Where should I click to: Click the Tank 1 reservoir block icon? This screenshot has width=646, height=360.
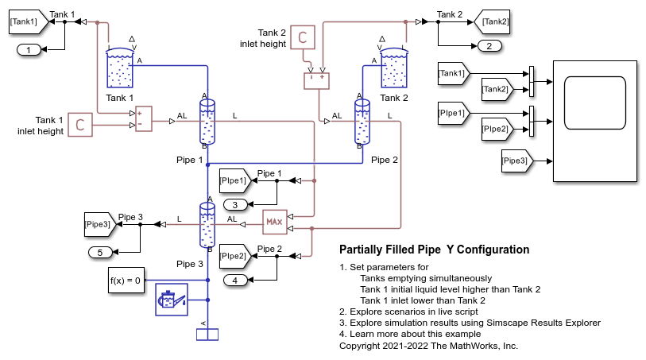click(120, 68)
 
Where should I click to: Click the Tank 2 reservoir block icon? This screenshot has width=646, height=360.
click(393, 68)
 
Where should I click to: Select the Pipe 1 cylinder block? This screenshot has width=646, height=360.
click(207, 122)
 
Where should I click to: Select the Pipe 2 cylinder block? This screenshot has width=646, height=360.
click(362, 122)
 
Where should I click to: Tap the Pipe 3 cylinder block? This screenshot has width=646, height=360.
click(207, 226)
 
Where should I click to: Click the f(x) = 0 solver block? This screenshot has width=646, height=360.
click(126, 281)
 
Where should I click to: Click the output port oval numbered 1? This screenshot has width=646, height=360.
click(29, 50)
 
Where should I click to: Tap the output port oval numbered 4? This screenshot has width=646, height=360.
click(236, 280)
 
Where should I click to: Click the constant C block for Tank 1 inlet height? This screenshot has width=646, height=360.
click(80, 123)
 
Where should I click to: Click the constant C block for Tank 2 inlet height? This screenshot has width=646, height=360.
click(302, 37)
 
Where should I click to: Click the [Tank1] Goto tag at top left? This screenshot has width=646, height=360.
click(25, 23)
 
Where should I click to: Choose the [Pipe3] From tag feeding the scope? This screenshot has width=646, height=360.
click(516, 161)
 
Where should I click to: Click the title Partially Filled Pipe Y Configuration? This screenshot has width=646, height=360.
click(434, 250)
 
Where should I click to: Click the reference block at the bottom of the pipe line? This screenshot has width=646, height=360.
click(207, 333)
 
